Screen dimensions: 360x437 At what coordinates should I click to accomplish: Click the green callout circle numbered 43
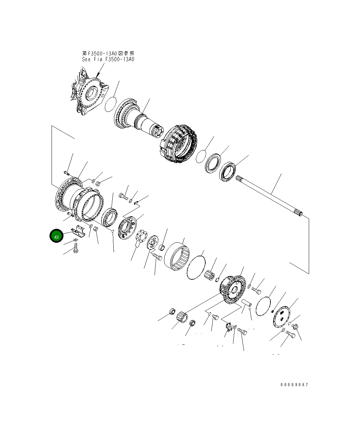pos(56,236)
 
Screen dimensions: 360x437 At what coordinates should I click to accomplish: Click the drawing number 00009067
pos(294,385)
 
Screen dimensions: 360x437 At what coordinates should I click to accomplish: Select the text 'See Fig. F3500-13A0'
pos(108,59)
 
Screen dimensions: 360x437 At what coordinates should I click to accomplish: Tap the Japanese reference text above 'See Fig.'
pos(108,53)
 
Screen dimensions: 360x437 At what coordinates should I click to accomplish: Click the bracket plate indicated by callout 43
pos(78,231)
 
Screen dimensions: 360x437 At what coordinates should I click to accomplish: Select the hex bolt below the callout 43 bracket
pos(76,248)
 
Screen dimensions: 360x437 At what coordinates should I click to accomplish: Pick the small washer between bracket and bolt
pos(76,240)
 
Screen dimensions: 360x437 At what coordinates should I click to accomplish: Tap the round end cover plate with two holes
pos(282,317)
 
